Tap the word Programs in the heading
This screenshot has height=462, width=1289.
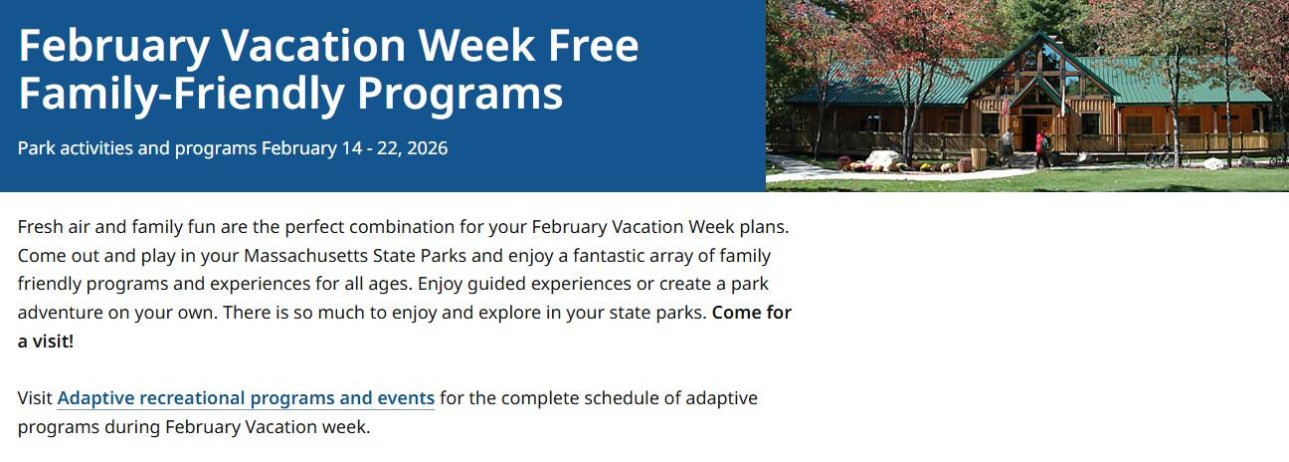[x=460, y=94]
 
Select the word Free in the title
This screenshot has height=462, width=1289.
[x=594, y=45]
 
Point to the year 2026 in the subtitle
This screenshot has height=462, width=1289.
[x=427, y=148]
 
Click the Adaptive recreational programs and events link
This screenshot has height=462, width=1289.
[x=246, y=398]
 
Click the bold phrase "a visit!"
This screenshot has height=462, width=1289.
[x=46, y=342]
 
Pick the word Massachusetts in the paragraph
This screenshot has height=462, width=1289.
[x=305, y=255]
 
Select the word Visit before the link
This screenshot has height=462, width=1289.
[x=35, y=398]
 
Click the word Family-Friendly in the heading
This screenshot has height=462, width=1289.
[x=181, y=94]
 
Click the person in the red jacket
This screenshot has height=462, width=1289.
[x=1041, y=149]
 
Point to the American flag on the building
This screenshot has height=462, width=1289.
[x=1006, y=105]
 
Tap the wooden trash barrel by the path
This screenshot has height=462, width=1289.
[x=979, y=158]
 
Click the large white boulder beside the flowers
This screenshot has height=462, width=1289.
[x=883, y=158]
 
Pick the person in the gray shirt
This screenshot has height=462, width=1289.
[x=1007, y=148]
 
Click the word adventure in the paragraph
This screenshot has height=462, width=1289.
[x=74, y=313]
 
